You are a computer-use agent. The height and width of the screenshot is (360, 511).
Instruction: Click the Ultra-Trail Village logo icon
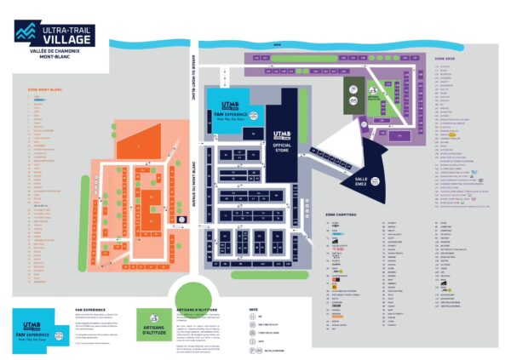click(x=26, y=31)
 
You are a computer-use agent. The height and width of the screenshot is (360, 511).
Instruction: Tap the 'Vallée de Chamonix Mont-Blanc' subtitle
click(x=54, y=55)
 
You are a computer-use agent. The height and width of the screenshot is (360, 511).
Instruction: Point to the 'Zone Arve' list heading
click(x=446, y=58)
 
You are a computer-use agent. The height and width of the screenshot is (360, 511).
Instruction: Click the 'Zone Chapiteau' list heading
click(x=341, y=214)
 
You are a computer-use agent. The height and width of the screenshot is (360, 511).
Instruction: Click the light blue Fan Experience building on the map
click(x=226, y=107)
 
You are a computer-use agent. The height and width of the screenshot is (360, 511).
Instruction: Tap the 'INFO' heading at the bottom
click(x=253, y=310)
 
